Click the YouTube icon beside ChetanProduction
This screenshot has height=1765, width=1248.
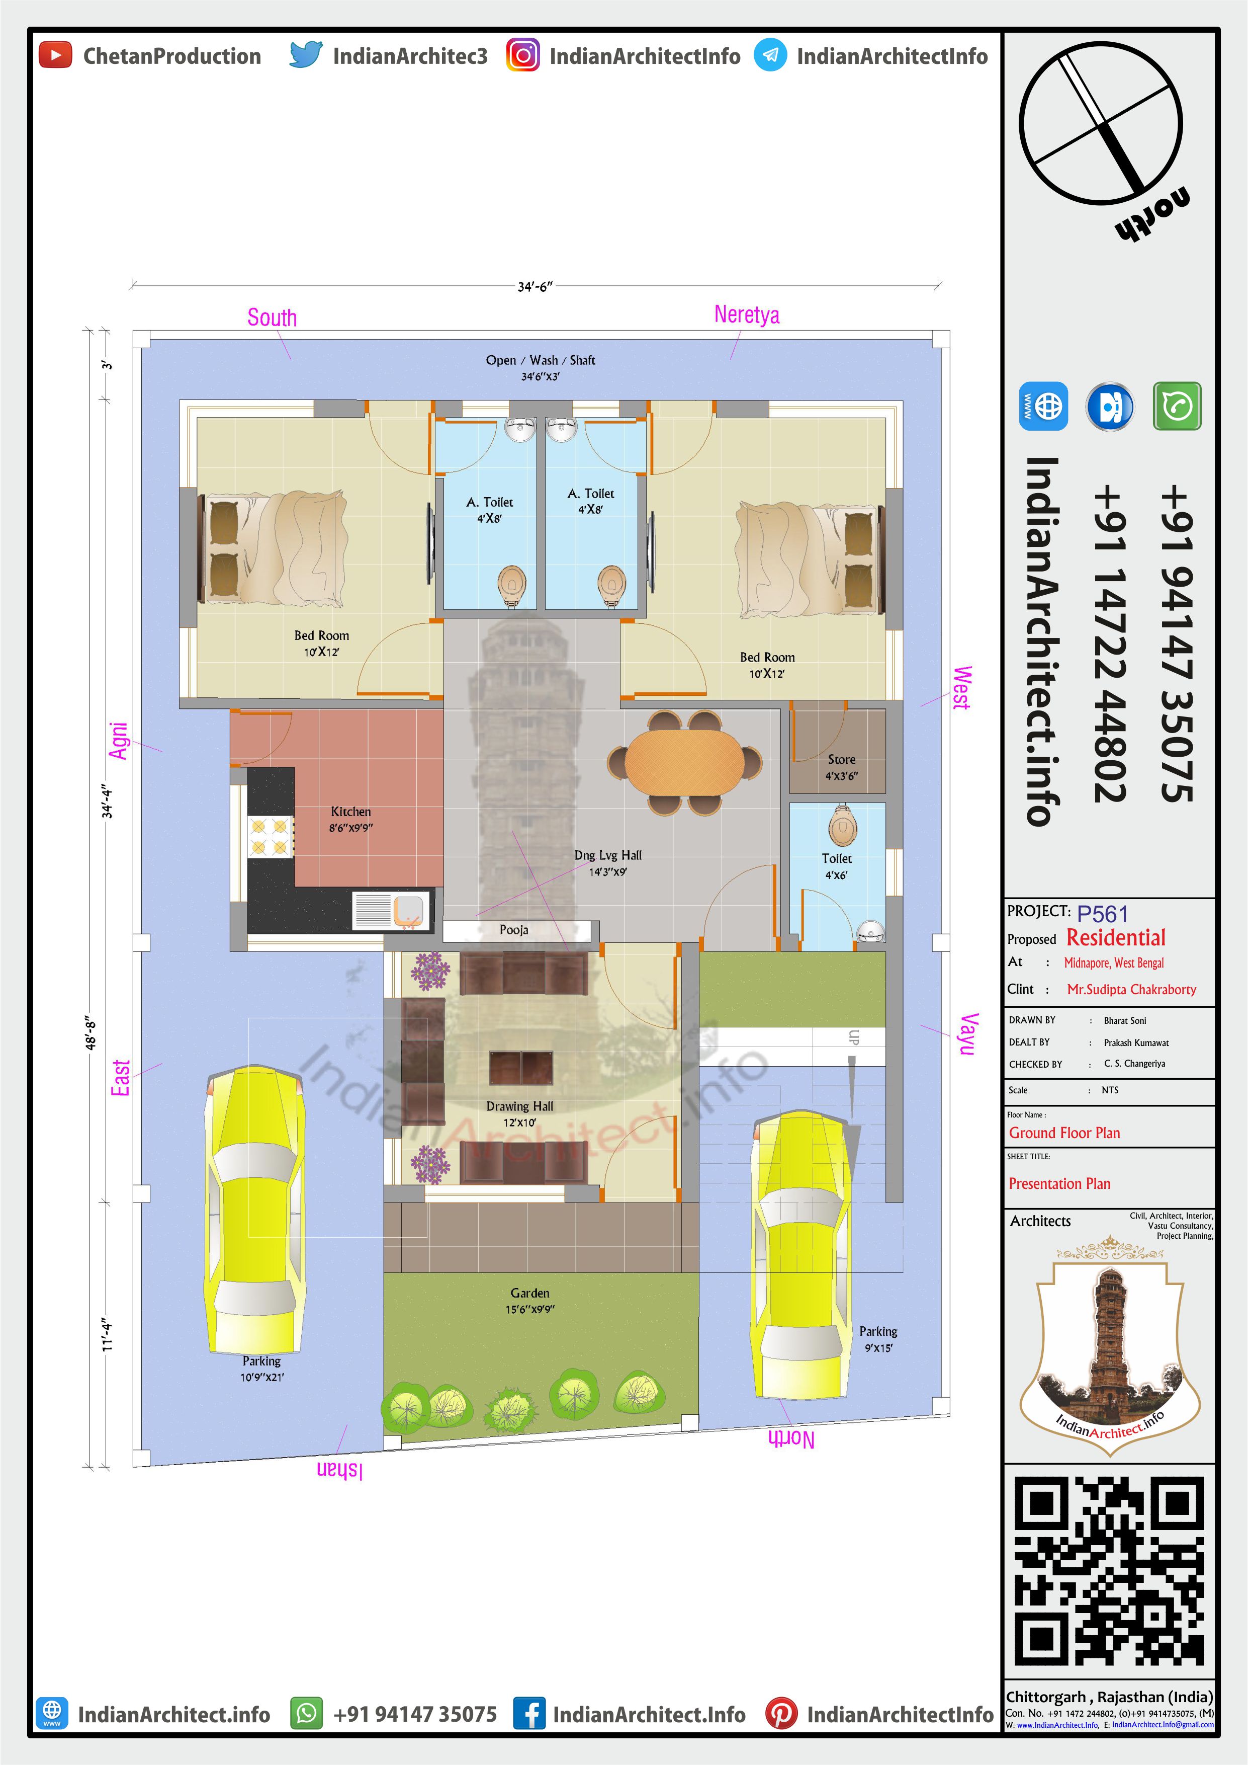(x=55, y=55)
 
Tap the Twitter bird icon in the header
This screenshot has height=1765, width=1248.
(x=305, y=55)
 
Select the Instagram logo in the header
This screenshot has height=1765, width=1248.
(x=522, y=55)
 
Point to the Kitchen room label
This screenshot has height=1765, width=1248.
(x=351, y=812)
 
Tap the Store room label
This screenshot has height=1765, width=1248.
(x=842, y=759)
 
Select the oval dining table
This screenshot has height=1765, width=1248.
(x=684, y=762)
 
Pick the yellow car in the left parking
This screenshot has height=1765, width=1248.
(x=254, y=1210)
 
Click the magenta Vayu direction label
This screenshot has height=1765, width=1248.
(x=968, y=1034)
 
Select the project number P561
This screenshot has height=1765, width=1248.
(x=1102, y=914)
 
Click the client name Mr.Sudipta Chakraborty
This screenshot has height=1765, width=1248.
(x=1131, y=989)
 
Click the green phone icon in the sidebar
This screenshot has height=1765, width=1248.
(x=1177, y=406)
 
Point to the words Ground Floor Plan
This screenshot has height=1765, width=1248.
(x=1064, y=1133)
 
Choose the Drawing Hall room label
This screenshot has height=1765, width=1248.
(x=519, y=1106)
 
